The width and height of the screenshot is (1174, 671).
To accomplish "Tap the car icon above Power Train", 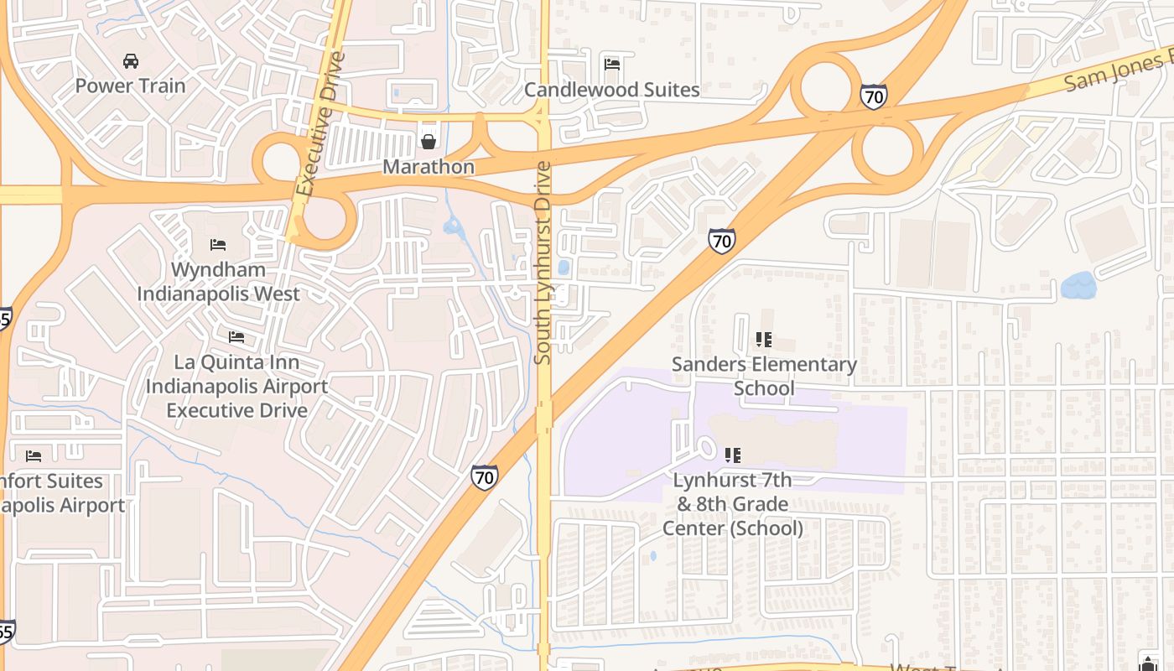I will point(130,61).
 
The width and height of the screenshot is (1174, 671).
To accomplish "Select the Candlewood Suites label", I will point(611,90).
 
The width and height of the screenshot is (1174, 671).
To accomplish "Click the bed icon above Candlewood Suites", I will point(612,64).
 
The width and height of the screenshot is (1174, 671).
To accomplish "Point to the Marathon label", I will point(429,167).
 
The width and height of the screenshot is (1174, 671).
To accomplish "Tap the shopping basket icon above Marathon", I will point(429,142).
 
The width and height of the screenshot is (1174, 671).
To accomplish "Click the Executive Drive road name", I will point(320,124).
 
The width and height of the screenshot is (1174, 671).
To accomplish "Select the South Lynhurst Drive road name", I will point(543,263).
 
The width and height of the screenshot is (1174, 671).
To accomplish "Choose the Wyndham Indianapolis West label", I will point(218,282).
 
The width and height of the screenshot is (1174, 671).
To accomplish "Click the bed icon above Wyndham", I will point(218,245).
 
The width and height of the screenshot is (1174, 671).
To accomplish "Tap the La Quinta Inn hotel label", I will point(236,387).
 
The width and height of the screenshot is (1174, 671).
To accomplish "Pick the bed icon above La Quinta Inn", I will point(236,337).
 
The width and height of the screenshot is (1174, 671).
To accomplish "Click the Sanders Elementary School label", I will point(764,377).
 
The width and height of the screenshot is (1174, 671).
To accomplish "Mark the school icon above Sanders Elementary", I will point(763,340).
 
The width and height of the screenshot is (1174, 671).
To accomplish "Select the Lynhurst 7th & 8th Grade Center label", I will point(733,504).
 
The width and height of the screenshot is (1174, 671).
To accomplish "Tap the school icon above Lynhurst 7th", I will point(733,455).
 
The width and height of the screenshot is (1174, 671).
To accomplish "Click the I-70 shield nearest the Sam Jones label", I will point(873,97).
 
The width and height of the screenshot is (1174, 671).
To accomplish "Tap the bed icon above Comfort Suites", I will point(34,456).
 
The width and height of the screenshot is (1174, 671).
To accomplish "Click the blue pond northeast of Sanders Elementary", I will point(1078,286).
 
